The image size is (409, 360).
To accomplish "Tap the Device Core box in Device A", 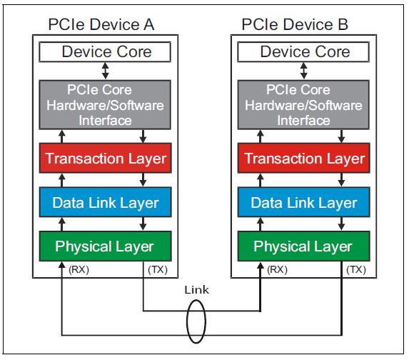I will point(106,51).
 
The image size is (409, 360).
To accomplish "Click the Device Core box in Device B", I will point(305,51).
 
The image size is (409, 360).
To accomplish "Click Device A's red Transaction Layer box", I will point(106,159).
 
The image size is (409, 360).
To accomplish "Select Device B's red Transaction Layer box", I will point(305,159).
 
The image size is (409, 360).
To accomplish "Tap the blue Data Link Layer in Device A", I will point(106,203).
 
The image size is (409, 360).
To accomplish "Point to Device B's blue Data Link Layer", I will point(305,203).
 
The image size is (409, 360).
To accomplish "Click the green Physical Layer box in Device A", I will point(106,246).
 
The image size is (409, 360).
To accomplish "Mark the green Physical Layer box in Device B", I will point(305,246).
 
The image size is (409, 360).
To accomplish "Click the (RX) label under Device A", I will point(79,269).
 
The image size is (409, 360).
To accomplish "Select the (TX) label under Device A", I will point(158,269).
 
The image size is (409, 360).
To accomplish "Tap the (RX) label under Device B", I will point(277,269).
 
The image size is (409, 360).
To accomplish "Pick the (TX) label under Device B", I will point(356,269).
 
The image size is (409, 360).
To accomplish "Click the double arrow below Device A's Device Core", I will point(106,70).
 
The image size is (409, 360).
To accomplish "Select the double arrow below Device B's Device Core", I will point(305,70).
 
